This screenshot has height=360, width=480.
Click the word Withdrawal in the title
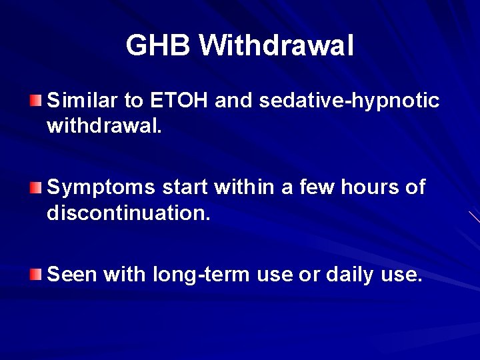tap(276, 46)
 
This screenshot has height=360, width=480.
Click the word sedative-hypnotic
tap(349, 101)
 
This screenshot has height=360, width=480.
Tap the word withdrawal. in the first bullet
tap(104, 126)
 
